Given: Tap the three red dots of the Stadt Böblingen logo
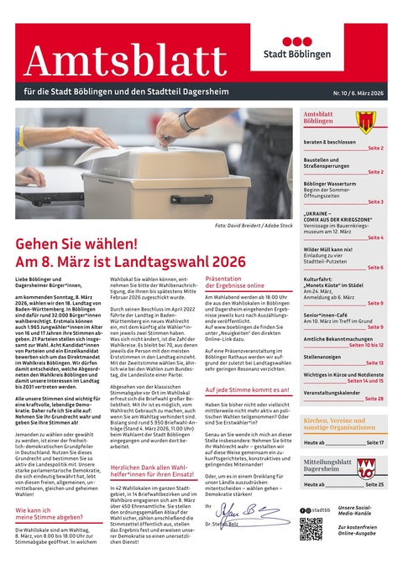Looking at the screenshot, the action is click(320, 41).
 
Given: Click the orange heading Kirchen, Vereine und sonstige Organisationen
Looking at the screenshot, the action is click(343, 423).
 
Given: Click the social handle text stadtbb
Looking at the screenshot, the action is click(322, 509).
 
